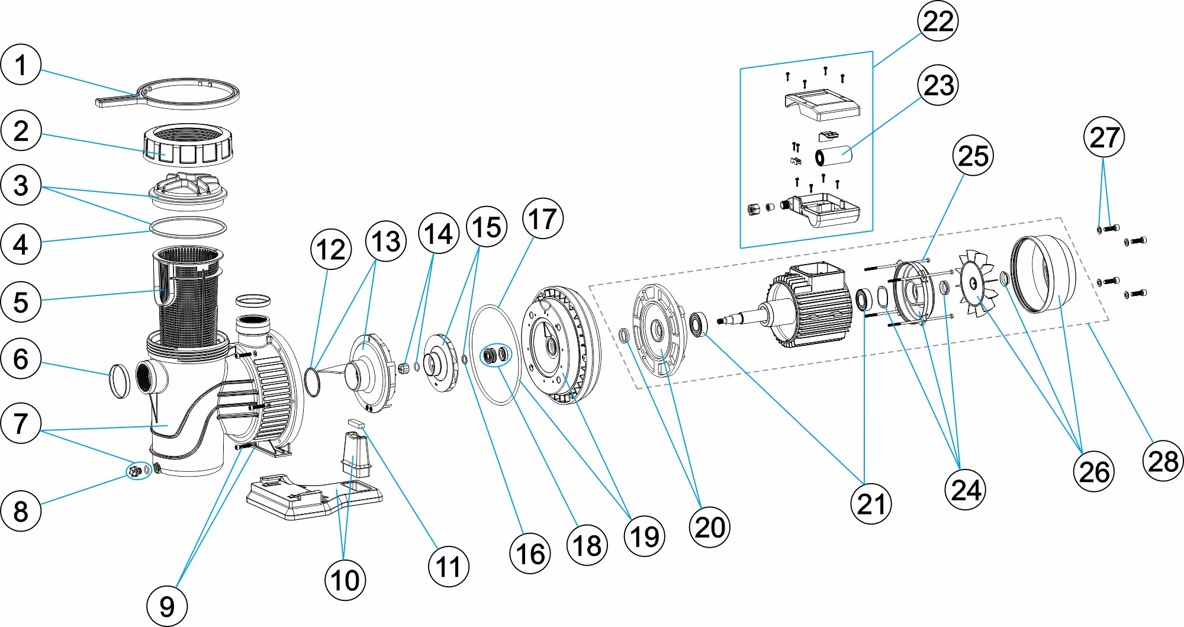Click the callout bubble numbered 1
tap(21, 65)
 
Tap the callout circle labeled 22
tap(938, 21)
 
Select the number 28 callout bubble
tap(1163, 461)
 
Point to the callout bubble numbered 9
tap(167, 606)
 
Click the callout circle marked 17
tap(542, 219)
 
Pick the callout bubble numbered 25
tap(973, 156)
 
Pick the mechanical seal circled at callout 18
tap(496, 355)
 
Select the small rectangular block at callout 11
tap(356, 423)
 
